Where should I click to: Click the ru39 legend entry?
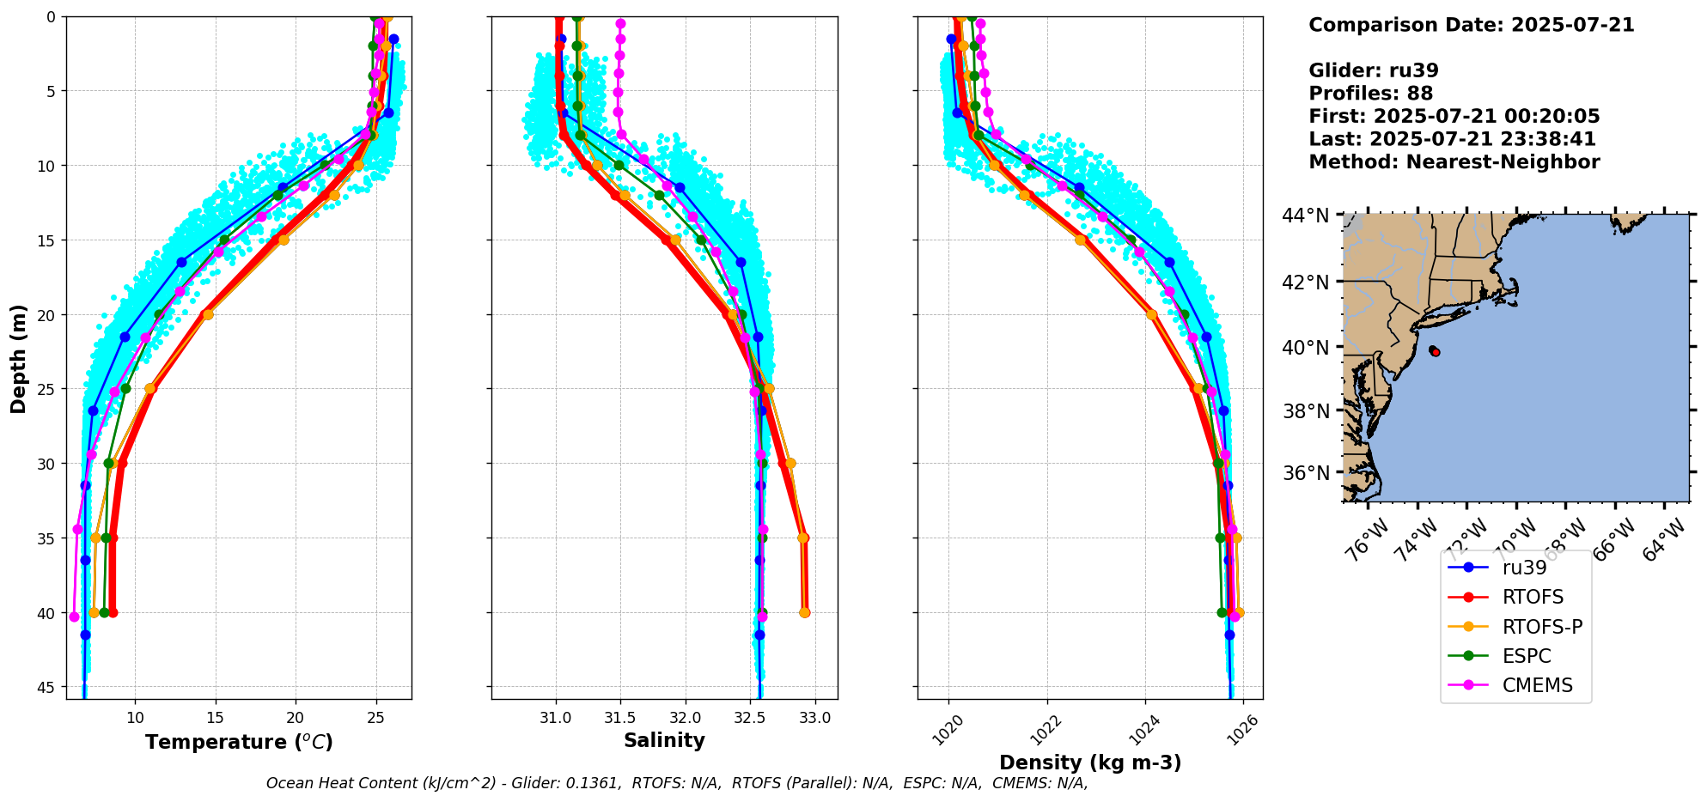click(1523, 568)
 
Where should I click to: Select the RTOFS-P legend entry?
click(1541, 627)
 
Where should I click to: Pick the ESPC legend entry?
click(1526, 656)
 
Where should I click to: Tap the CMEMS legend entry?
click(1537, 685)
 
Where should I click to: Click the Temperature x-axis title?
click(239, 742)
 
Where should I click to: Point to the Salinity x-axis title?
click(664, 740)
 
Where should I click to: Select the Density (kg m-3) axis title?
click(1090, 763)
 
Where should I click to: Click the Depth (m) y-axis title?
click(19, 358)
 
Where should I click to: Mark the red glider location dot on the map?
click(1436, 352)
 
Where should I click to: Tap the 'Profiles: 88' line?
click(1370, 94)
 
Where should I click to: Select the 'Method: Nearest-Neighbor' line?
click(1454, 162)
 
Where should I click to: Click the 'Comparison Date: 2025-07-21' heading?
click(1471, 25)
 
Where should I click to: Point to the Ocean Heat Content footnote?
click(677, 783)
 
